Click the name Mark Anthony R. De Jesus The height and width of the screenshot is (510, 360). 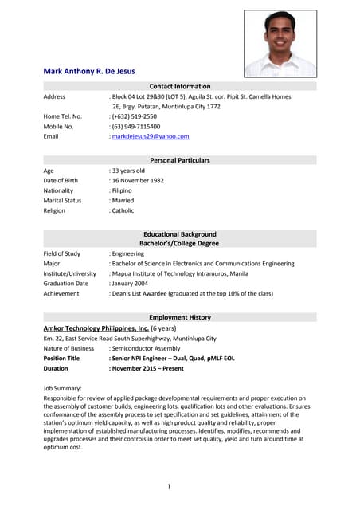(89, 71)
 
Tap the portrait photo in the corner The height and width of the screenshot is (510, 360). (280, 43)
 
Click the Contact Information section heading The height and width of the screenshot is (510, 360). (180, 86)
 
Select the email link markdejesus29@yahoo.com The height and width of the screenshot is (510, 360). (151, 136)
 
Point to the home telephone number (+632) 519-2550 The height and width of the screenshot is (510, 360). (135, 116)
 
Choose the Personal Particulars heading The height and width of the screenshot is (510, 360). (180, 160)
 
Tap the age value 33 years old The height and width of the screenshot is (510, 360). (128, 171)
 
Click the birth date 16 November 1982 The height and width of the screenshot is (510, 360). (137, 181)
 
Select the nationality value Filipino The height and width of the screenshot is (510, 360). (122, 191)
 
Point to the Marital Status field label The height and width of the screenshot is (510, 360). (62, 201)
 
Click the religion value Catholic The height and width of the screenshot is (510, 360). (123, 211)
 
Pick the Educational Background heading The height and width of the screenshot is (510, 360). (180, 234)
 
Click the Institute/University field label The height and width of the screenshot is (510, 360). (69, 273)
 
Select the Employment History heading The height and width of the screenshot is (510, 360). (180, 317)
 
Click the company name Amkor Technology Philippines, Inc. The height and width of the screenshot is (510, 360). (96, 328)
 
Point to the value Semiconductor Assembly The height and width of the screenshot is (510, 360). (146, 348)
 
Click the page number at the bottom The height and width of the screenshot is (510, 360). (169, 487)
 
